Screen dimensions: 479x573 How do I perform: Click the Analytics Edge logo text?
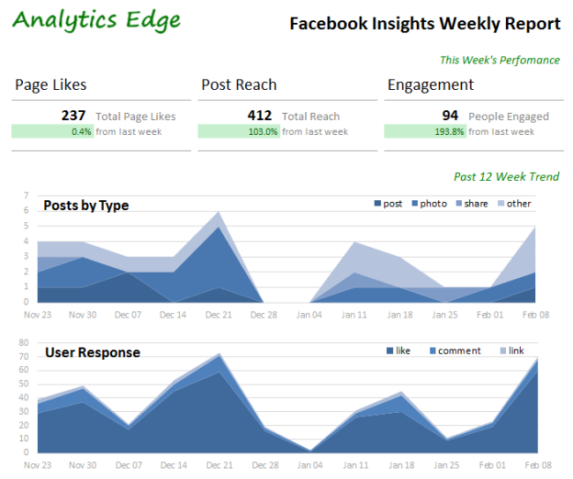(x=96, y=20)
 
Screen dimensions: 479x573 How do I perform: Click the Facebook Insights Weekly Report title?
(x=424, y=24)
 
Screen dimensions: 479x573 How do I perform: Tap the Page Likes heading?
(x=51, y=85)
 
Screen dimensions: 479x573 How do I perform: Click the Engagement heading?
(x=431, y=85)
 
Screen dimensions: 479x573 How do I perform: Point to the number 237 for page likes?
(x=73, y=116)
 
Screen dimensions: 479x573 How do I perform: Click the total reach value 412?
(x=260, y=116)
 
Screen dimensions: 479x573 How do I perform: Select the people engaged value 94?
(x=450, y=116)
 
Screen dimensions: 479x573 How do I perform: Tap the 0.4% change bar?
(x=52, y=131)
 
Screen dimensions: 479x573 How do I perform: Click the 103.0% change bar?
(x=239, y=131)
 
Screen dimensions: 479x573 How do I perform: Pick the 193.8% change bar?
(x=424, y=131)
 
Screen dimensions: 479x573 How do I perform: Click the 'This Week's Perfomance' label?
(x=499, y=61)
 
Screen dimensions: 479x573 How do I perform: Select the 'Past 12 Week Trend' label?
(x=506, y=177)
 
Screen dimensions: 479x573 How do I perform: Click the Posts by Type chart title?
(x=85, y=205)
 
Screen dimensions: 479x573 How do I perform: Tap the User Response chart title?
(x=92, y=352)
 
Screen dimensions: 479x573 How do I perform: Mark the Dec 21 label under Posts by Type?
(x=219, y=315)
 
